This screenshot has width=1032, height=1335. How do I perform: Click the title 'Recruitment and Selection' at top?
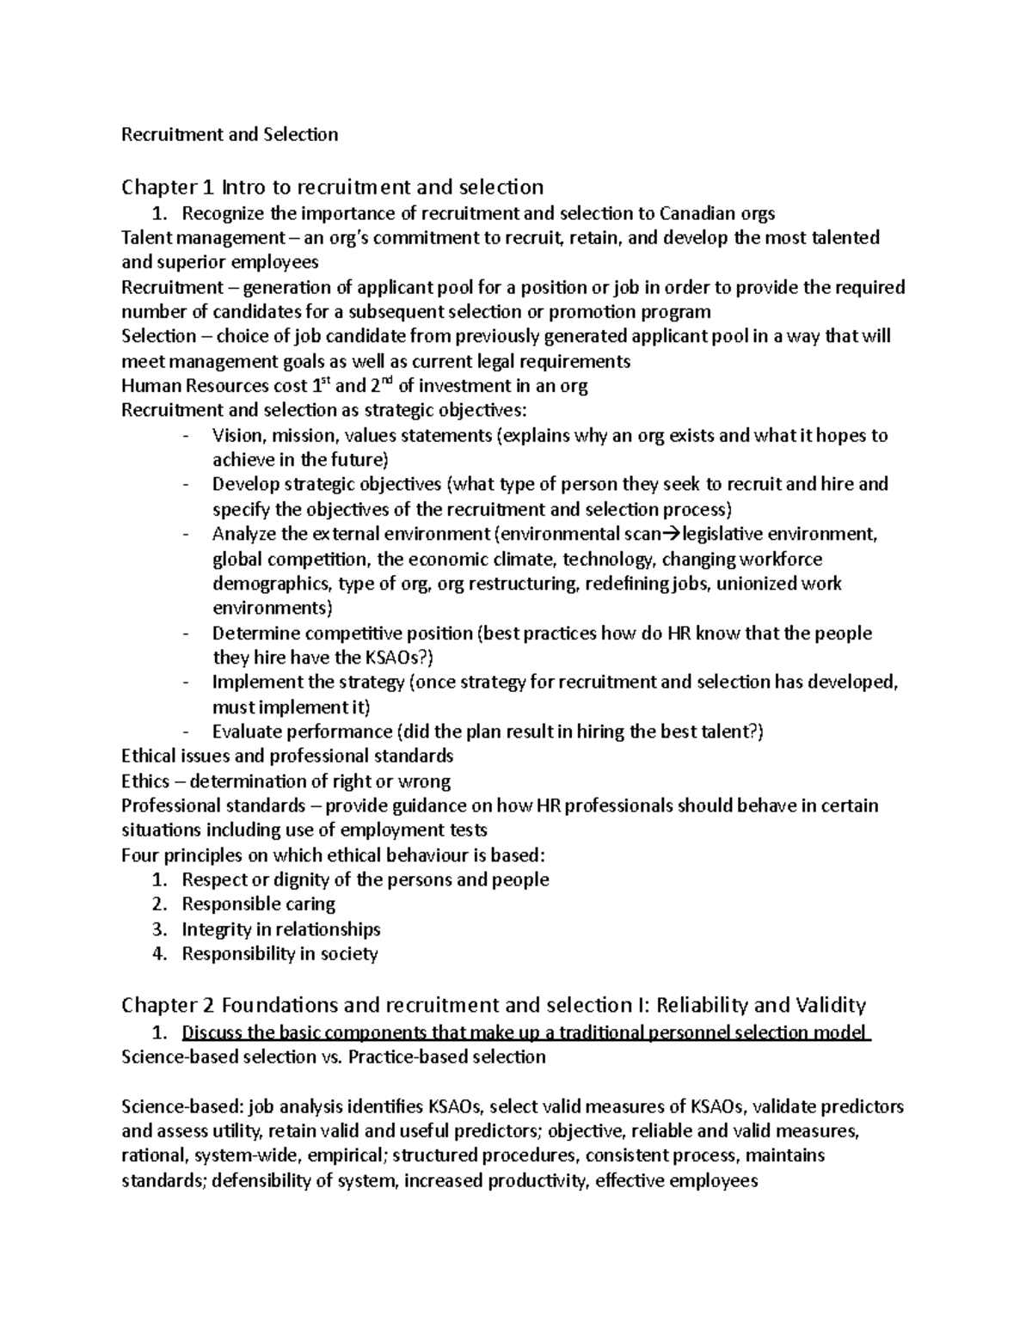point(230,134)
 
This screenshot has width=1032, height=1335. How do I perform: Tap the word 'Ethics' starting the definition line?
point(145,781)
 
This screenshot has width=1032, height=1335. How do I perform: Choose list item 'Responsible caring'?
point(258,903)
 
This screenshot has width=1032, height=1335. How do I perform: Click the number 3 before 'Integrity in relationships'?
point(158,929)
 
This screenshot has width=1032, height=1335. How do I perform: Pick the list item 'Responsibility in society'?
point(279,953)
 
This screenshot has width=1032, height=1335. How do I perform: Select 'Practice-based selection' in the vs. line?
point(446,1056)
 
